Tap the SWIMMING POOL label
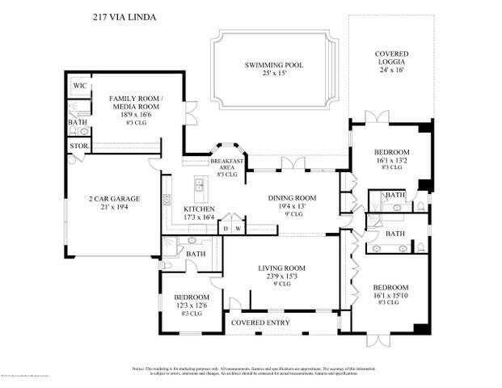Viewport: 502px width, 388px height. point(274,65)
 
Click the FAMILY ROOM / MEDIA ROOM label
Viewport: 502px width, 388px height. point(136,103)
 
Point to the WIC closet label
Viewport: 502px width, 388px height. point(79,85)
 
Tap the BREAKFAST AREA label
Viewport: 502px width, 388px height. point(226,165)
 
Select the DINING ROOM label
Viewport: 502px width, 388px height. point(290,197)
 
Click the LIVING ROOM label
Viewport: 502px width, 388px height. point(281,268)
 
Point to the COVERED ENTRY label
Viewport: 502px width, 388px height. point(261,323)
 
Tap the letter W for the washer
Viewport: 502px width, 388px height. point(238,229)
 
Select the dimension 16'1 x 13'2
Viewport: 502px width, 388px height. point(391,161)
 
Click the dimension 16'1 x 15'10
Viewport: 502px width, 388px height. point(391,296)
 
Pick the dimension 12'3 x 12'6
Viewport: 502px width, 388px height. point(192,304)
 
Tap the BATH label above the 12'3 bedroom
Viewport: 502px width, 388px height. point(196,254)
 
